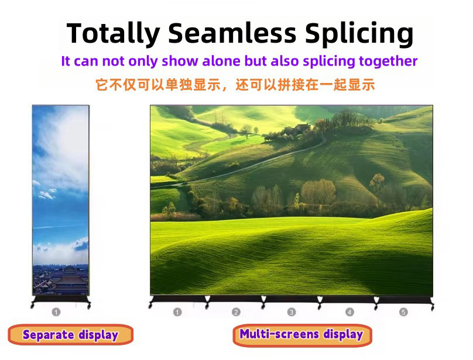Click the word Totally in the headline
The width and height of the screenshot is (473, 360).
click(114, 34)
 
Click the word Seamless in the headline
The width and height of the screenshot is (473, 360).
click(232, 33)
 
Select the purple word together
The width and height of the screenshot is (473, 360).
click(388, 61)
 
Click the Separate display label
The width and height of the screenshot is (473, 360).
click(71, 335)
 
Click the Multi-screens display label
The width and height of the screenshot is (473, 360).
click(302, 334)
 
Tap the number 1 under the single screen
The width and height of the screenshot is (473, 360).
click(56, 312)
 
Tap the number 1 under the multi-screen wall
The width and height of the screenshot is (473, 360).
click(177, 312)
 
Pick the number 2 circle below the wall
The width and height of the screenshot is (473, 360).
click(236, 312)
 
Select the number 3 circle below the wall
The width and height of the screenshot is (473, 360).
click(292, 312)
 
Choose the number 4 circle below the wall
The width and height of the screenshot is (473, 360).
click(349, 312)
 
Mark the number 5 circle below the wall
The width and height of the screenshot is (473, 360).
click(403, 312)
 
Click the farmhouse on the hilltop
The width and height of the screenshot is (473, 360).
click(302, 127)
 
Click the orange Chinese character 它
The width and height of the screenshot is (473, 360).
click(102, 85)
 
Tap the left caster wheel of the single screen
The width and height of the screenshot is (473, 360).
click(32, 306)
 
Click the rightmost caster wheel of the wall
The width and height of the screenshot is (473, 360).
click(432, 307)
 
